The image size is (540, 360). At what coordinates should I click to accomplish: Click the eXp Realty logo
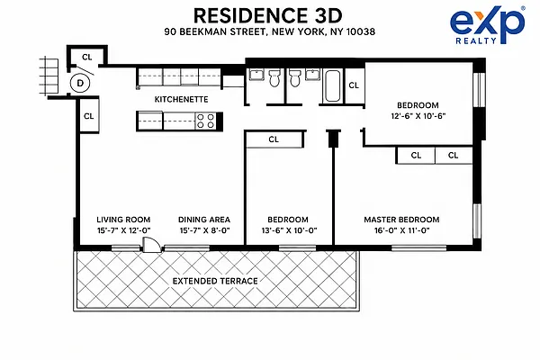487,26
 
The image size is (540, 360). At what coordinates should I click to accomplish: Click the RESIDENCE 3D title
268,16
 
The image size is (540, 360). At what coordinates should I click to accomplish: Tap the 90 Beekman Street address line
270,31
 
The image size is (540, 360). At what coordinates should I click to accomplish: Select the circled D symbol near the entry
80,83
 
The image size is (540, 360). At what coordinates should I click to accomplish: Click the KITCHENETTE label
181,100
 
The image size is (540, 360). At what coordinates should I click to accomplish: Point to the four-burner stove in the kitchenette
205,121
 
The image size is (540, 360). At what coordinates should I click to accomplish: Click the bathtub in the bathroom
333,86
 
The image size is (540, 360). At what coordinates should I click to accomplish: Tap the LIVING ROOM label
123,220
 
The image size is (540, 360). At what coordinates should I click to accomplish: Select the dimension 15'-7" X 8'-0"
204,230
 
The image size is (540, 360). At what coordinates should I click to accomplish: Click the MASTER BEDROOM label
401,220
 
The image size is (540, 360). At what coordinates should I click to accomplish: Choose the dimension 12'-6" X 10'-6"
418,116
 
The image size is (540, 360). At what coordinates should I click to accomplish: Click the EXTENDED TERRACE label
215,281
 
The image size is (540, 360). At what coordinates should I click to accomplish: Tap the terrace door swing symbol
151,245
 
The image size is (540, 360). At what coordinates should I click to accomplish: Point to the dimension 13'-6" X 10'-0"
289,230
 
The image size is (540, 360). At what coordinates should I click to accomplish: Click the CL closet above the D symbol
87,57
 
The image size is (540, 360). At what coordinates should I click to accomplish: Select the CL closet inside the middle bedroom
274,139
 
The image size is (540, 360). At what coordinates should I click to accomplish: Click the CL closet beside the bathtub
354,85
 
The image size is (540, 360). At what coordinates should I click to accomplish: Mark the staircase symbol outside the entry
49,76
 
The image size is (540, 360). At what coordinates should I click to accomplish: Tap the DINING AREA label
204,220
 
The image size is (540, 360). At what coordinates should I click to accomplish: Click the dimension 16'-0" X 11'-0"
402,230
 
